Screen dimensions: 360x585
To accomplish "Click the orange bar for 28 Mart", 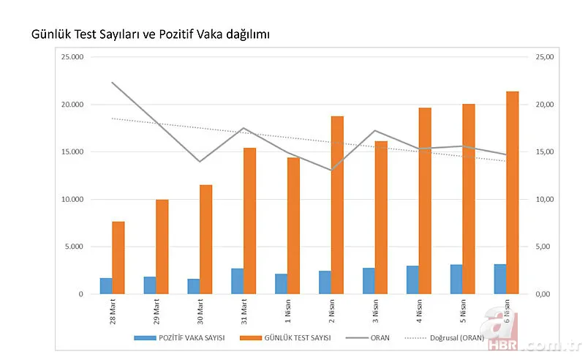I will pos(118,258).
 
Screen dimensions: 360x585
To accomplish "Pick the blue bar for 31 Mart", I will pos(237,281).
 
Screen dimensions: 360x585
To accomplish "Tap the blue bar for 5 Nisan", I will pos(456,279).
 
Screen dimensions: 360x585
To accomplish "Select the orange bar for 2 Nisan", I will pos(336,205).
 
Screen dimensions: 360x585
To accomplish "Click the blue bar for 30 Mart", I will pos(193,286).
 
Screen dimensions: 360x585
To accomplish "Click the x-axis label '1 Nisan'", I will pos(288,310).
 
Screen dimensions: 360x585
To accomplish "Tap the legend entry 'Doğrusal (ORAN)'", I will pos(450,337).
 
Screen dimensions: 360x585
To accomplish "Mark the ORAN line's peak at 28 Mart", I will pos(112,83).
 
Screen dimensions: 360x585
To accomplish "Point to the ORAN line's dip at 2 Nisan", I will pos(331,170).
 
